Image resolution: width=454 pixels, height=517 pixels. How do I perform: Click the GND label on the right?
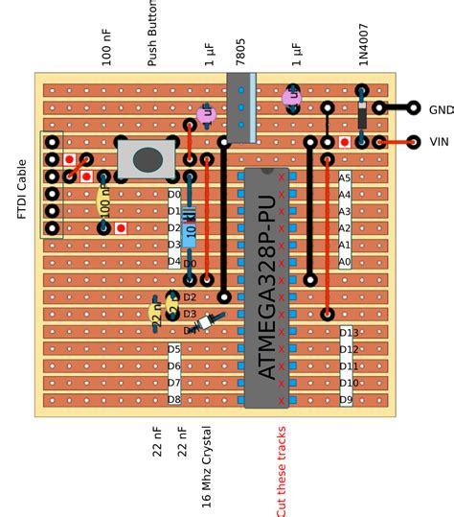(441, 109)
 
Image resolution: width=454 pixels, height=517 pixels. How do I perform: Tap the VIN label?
(439, 142)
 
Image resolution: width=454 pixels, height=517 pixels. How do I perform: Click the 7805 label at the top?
(240, 50)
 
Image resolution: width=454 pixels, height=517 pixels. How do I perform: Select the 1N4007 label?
(363, 44)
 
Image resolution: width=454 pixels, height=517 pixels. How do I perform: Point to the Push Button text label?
(152, 33)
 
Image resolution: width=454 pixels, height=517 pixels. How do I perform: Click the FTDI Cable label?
(23, 189)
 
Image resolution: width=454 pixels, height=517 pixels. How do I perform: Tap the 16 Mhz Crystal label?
(206, 466)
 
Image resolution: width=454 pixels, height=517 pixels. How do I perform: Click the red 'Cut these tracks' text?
(281, 471)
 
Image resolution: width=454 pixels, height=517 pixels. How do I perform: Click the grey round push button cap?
(147, 159)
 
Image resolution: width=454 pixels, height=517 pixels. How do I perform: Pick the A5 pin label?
(345, 178)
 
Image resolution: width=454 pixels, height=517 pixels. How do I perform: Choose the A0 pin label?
(345, 262)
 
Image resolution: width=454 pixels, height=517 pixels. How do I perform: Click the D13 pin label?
(349, 333)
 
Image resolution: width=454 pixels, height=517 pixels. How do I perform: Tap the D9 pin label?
(346, 399)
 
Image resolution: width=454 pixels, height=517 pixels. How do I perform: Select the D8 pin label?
(174, 399)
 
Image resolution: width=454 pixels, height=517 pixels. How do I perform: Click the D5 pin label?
(174, 349)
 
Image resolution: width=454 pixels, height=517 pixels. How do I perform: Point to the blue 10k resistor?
(190, 224)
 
